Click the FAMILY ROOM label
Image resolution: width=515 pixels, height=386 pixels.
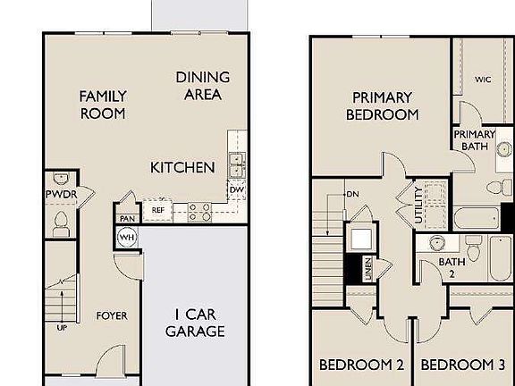(x=104, y=105)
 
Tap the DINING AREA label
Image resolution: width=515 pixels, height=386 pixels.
(x=202, y=86)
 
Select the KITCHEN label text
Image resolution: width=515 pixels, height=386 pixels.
(x=182, y=167)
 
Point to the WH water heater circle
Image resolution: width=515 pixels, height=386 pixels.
(x=125, y=238)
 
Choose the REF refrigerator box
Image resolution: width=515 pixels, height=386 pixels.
(x=157, y=211)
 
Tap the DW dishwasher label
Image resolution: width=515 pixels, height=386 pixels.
(x=237, y=189)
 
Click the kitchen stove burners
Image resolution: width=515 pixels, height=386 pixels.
(x=198, y=212)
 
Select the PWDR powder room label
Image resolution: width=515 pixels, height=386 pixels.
(x=58, y=194)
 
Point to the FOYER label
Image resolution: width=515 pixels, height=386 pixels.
(x=113, y=315)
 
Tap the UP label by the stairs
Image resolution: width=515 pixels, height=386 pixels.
(x=62, y=327)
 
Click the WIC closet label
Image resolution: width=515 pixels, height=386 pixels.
(x=483, y=79)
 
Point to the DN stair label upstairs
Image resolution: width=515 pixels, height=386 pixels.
(x=352, y=193)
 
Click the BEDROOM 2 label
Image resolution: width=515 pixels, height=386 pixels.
(x=362, y=365)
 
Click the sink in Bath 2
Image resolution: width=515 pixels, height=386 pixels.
(x=437, y=242)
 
